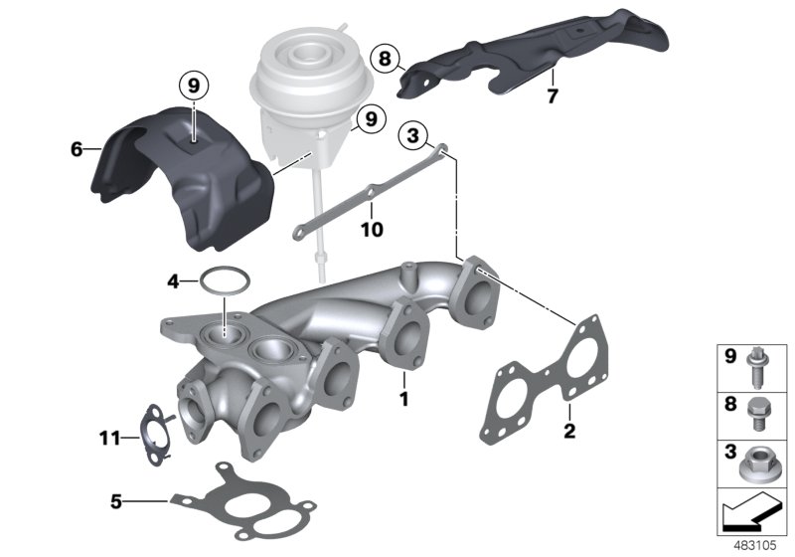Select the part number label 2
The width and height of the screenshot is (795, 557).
click(x=568, y=430)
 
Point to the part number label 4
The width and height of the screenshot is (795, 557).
click(x=173, y=282)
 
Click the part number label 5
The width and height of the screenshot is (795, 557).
click(x=117, y=501)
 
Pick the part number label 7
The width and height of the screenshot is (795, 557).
click(x=554, y=95)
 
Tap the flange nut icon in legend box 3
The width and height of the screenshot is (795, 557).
click(x=763, y=461)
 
